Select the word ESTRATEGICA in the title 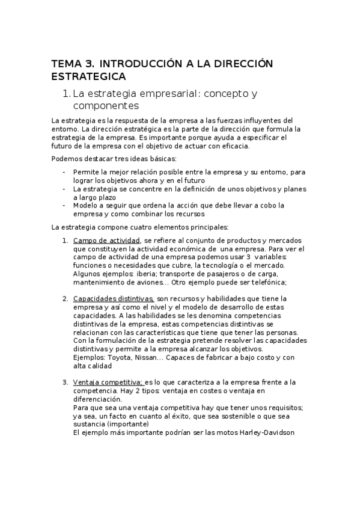tap(88, 76)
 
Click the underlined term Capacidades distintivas tap(113, 298)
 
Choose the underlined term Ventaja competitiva tap(108, 382)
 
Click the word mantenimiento tap(100, 283)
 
